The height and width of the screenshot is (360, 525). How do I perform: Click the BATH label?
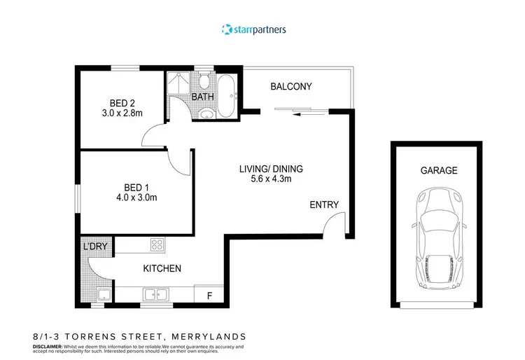pos(203,97)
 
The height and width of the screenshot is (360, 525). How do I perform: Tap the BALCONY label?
pos(291,87)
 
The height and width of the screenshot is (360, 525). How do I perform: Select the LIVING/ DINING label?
pos(272,169)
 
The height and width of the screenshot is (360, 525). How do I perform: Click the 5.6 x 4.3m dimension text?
pos(272,180)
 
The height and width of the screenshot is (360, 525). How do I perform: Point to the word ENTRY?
pos(325,205)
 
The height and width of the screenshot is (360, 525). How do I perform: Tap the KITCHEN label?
pos(162,268)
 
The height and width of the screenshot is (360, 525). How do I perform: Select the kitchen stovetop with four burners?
pos(157,246)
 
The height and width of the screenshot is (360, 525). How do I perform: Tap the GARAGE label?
pos(439,170)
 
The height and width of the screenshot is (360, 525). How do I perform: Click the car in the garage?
pos(439,238)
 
